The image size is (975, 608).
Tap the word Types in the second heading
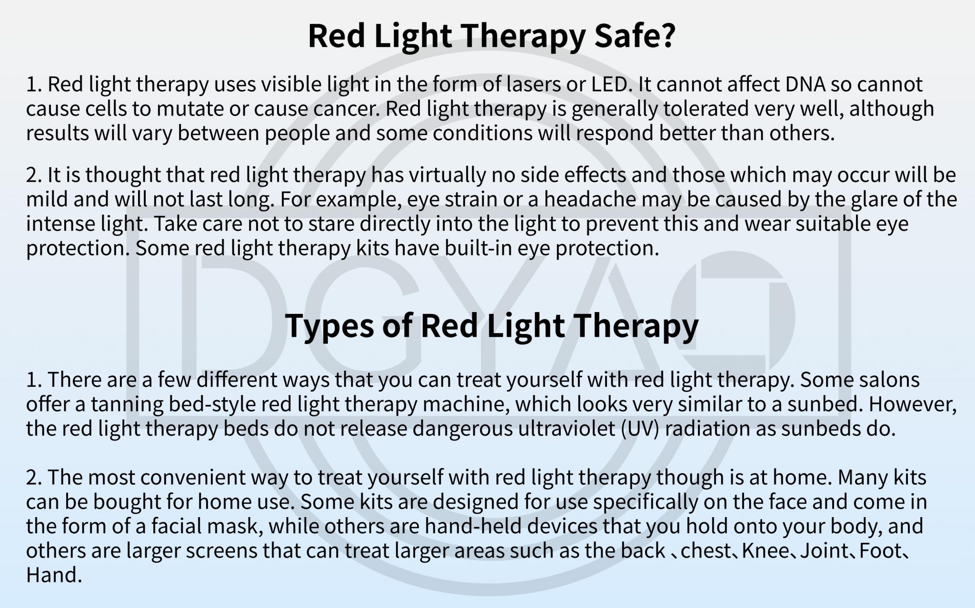(x=328, y=325)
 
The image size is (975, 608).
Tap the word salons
(x=885, y=380)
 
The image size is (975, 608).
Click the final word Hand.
(x=51, y=575)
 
